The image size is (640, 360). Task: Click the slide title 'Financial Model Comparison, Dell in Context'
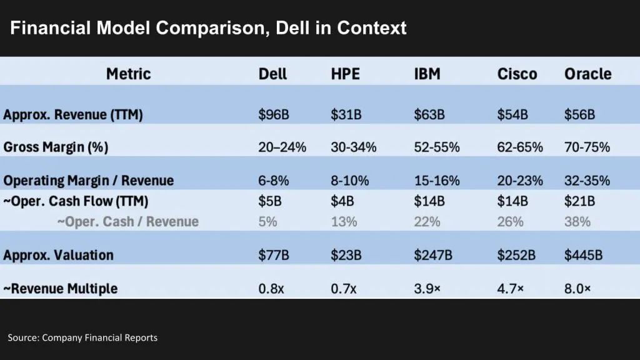[x=208, y=28]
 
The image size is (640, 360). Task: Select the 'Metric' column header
[x=128, y=74]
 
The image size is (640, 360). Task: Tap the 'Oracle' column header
[x=587, y=74]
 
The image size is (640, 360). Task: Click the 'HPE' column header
[x=345, y=74]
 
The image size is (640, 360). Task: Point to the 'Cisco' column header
[x=517, y=74]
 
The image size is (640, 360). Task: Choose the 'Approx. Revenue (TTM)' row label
[x=73, y=115]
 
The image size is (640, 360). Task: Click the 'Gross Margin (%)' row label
[x=56, y=147]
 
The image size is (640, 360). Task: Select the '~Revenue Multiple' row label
[x=60, y=289]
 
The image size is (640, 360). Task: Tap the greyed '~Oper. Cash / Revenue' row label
[x=128, y=222]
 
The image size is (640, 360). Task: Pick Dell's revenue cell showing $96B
[x=273, y=115]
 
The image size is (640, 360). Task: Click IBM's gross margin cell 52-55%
[x=437, y=147]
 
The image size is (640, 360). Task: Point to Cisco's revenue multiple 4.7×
[x=511, y=289]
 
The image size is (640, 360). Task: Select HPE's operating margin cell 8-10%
[x=349, y=181]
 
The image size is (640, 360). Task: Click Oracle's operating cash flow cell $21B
[x=579, y=202]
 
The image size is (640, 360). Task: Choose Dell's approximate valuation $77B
[x=273, y=255]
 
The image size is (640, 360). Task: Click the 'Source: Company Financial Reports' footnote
[x=82, y=337]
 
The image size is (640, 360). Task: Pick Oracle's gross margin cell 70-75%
[x=587, y=147]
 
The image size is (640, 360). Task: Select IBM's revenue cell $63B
[x=429, y=115]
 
